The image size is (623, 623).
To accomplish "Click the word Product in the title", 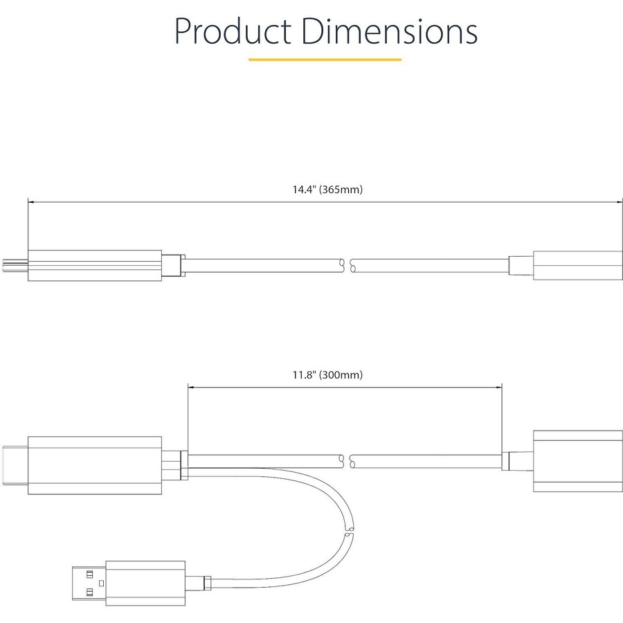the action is [233, 31].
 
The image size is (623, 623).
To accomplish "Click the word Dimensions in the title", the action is [389, 31].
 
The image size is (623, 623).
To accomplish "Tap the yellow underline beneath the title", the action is [325, 60].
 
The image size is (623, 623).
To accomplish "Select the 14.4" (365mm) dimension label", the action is [327, 190].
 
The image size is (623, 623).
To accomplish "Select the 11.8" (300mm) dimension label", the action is [327, 374].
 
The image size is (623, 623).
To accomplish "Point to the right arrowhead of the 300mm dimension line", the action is [498, 387].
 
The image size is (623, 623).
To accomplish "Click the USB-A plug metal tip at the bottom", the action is [89, 583].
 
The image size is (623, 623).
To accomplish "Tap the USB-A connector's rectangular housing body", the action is [145, 584].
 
